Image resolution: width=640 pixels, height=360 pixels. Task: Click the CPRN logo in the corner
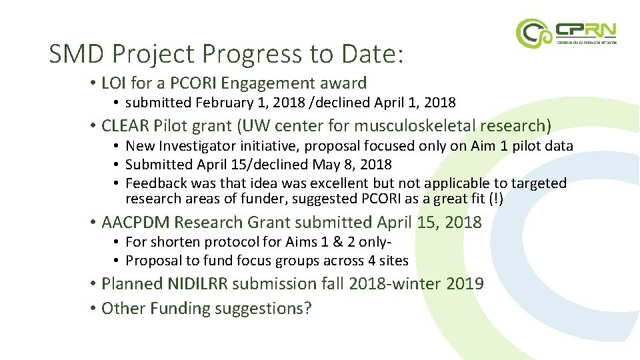coord(566,31)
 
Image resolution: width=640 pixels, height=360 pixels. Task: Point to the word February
coord(224,103)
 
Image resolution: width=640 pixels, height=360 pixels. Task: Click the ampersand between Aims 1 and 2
coord(326,242)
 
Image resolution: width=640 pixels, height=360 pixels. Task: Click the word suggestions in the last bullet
coord(265,308)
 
